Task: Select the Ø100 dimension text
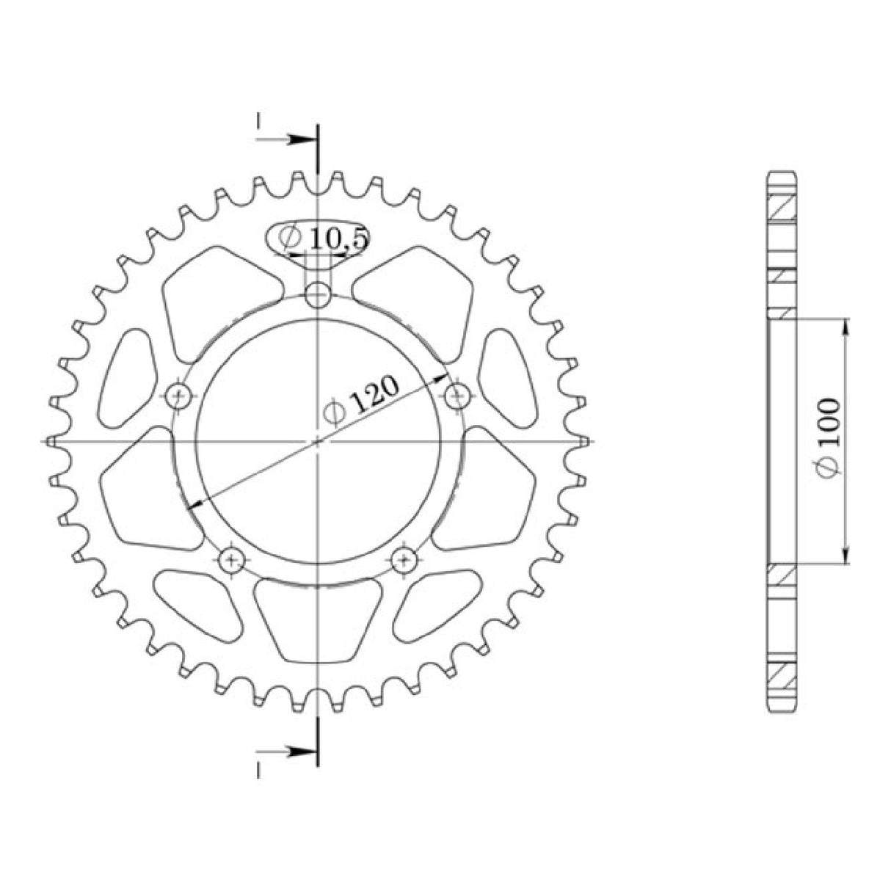point(828,438)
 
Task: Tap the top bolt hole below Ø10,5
point(318,297)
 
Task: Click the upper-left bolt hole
point(178,397)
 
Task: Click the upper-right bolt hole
point(457,396)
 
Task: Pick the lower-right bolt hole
point(404,561)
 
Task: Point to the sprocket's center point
point(318,442)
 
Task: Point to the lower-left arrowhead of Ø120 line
point(193,504)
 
